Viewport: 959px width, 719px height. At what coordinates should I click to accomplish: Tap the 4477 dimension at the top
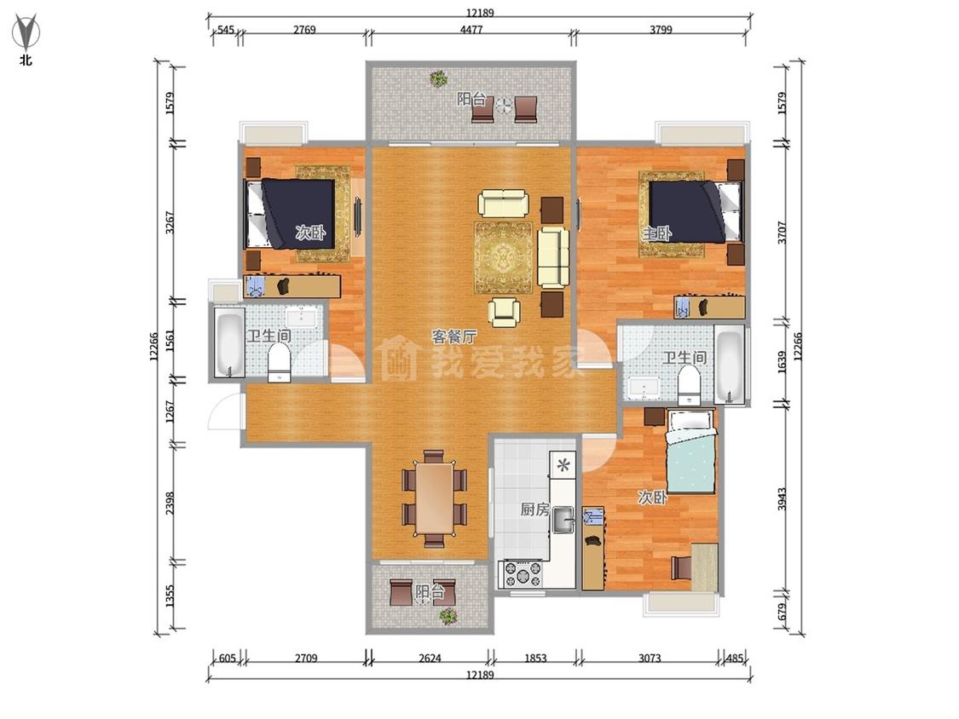pos(471,29)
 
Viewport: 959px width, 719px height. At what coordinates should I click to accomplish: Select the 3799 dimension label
pos(661,29)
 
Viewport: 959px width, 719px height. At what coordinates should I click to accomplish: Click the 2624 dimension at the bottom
pos(430,658)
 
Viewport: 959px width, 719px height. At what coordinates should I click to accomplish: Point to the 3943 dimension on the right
pos(783,499)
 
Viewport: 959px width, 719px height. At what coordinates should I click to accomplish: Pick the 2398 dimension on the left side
pos(170,503)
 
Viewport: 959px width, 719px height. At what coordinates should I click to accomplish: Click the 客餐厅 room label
pos(454,336)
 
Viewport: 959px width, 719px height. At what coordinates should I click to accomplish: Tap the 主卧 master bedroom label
pos(657,233)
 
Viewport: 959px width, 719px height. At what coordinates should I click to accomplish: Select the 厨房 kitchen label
pos(535,509)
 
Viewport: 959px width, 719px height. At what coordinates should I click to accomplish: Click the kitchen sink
pos(563,521)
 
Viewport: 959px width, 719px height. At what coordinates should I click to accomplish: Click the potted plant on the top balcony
pos(438,78)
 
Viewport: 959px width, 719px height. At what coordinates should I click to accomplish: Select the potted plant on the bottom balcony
pos(448,616)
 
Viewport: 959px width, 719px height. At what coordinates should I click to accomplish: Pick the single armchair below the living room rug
pos(505,312)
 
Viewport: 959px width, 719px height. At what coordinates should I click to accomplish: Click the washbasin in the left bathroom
pos(302,317)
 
